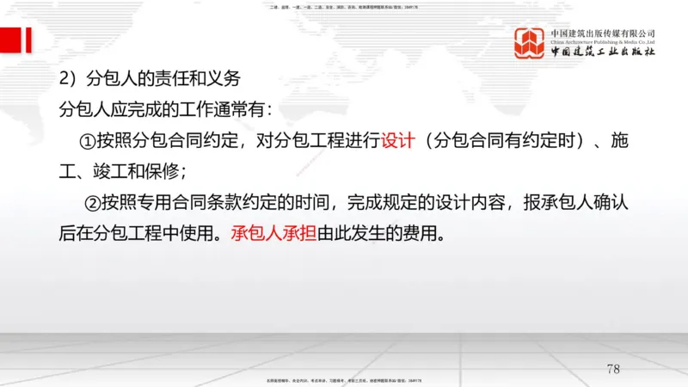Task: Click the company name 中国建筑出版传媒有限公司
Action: coord(603,32)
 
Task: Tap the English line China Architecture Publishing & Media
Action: coord(603,41)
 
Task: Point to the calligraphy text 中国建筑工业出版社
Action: coord(603,52)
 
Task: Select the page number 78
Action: coord(612,369)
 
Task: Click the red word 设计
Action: coord(398,140)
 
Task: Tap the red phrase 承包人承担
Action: coord(273,234)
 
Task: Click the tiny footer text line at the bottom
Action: coord(344,380)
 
